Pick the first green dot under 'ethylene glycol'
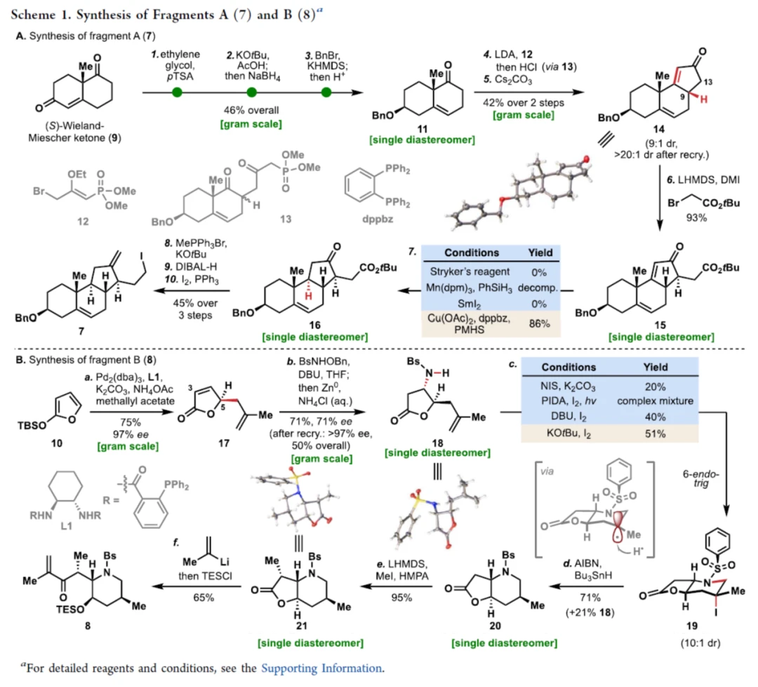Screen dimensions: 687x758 178,92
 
